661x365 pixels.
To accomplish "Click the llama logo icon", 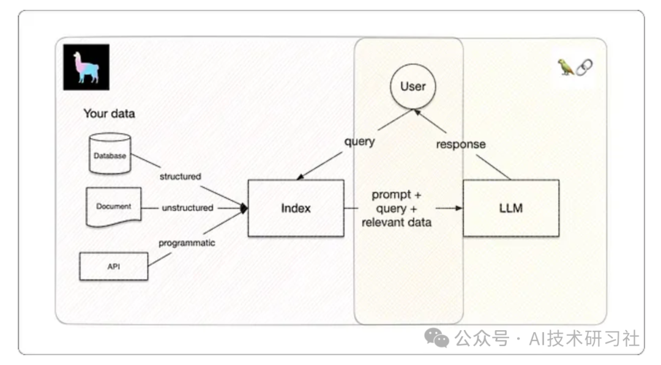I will click(86, 67).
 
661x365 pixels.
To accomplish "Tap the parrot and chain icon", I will click(575, 67).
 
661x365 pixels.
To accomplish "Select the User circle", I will click(413, 87).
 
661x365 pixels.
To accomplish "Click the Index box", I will click(296, 208).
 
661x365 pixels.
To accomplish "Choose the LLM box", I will click(510, 208).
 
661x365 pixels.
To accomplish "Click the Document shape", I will click(113, 207).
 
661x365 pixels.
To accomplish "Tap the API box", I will click(113, 266).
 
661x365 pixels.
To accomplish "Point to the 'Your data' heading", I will click(109, 114).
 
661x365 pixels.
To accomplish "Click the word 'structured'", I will click(180, 177).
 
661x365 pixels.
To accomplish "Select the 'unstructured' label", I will click(187, 208).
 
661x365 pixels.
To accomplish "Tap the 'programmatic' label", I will click(187, 243).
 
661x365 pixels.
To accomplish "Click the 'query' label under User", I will click(359, 141).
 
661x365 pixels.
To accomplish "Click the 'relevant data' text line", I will click(396, 222).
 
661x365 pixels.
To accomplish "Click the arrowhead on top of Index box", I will click(300, 177).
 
